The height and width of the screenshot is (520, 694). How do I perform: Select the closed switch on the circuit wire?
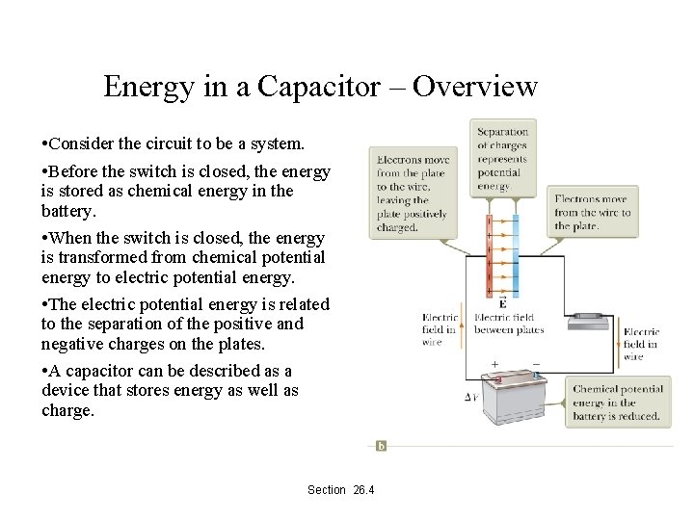[586, 315]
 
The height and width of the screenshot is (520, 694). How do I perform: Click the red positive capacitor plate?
[492, 255]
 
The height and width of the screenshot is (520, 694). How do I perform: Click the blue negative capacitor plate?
[514, 255]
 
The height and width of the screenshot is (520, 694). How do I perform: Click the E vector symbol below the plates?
[502, 303]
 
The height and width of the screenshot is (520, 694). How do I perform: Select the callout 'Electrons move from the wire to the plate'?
[593, 213]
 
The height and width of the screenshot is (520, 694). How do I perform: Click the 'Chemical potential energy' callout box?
[616, 403]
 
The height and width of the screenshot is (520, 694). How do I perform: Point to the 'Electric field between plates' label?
[509, 324]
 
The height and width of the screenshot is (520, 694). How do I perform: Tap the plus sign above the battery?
[495, 366]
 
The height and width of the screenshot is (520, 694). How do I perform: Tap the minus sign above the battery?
[536, 366]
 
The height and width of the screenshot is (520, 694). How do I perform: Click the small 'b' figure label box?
[381, 445]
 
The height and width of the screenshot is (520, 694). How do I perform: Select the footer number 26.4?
[363, 490]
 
